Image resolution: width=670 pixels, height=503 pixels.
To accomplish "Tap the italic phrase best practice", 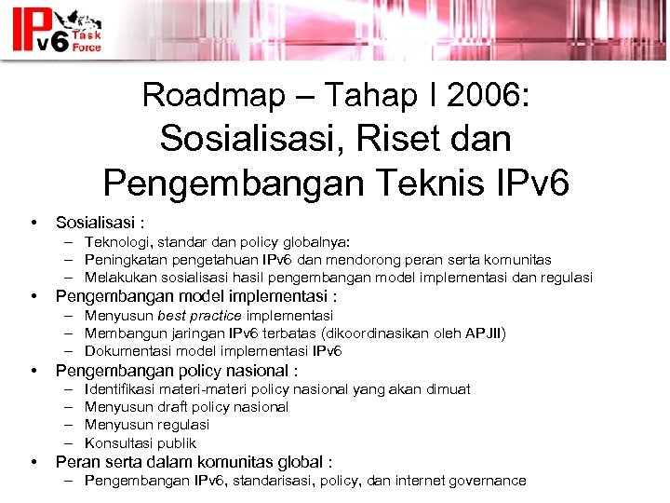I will [200, 316].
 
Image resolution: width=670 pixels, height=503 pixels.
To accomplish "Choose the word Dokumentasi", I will [127, 351].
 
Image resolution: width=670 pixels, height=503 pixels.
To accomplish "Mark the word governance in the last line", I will [489, 481].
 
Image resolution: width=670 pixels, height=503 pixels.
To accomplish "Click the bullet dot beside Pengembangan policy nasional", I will [34, 371].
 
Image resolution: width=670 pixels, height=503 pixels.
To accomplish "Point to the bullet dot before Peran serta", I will [34, 462].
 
